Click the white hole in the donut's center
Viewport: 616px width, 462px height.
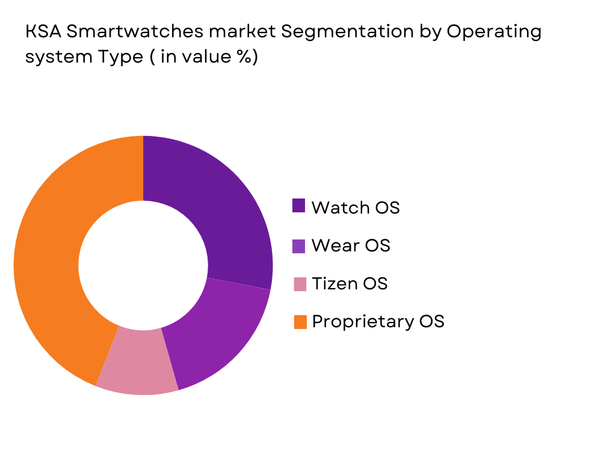[143, 265]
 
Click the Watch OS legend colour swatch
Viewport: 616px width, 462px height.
[299, 206]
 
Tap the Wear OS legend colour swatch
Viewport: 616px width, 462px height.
[299, 245]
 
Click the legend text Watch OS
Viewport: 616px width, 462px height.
[355, 208]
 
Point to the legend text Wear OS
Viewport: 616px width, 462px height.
[351, 245]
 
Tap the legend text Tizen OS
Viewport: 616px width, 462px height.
[350, 283]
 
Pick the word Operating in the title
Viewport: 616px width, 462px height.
[493, 32]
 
